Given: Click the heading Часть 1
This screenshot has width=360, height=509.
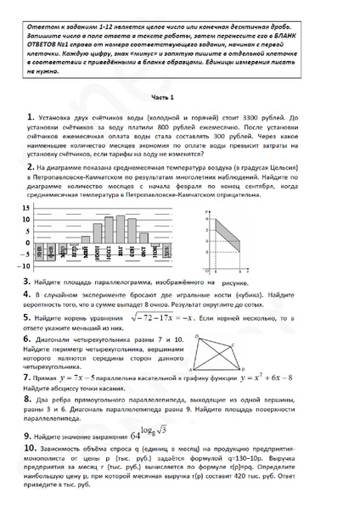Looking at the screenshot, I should (x=179, y=97).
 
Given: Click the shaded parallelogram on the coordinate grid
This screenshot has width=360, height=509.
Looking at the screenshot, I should (x=225, y=228).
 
